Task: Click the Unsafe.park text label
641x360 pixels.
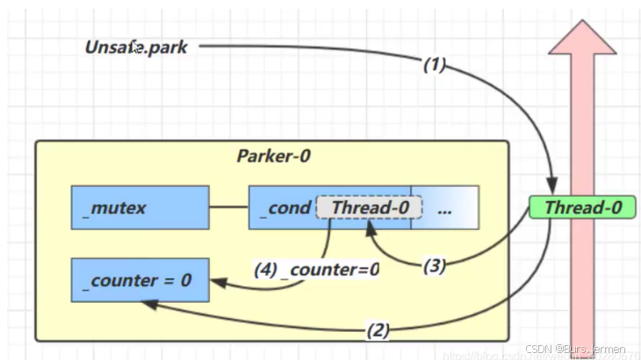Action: [136, 47]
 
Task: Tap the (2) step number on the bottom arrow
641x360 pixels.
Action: [376, 330]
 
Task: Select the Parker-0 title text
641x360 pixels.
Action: [273, 156]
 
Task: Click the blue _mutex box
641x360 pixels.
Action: [140, 208]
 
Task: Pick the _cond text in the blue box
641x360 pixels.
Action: [284, 208]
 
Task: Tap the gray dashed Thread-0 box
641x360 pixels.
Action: [369, 207]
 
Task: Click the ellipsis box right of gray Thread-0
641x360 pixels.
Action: [444, 208]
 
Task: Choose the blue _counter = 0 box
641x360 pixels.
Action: [140, 281]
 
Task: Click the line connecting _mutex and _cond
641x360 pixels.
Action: [228, 208]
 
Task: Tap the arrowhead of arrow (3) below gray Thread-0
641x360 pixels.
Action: [372, 226]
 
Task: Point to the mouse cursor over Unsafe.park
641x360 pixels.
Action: [135, 47]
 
